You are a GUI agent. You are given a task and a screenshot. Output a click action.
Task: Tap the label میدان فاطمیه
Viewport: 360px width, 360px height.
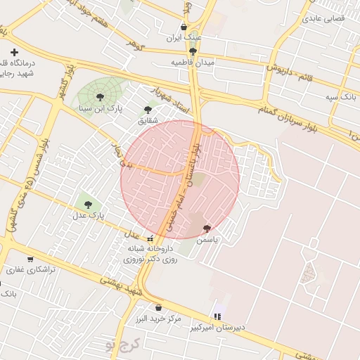(x=193, y=63)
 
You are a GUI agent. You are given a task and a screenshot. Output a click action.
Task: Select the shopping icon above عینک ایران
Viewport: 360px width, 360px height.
(x=184, y=27)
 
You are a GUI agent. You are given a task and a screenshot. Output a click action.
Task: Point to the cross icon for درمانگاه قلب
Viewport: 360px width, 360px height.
(x=14, y=52)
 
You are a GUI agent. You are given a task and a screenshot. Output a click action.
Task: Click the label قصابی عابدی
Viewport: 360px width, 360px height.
(x=323, y=18)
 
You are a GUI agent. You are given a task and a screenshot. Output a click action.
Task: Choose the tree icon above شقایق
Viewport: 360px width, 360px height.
(x=147, y=110)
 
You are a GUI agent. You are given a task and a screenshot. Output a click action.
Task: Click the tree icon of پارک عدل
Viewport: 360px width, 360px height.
(x=88, y=205)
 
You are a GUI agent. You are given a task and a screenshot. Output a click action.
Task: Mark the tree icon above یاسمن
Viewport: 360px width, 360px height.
(x=207, y=229)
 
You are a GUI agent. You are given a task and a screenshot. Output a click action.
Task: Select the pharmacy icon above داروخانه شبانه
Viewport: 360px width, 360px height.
(x=149, y=238)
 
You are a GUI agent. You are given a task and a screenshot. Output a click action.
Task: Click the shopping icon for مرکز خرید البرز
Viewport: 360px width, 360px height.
(x=157, y=307)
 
